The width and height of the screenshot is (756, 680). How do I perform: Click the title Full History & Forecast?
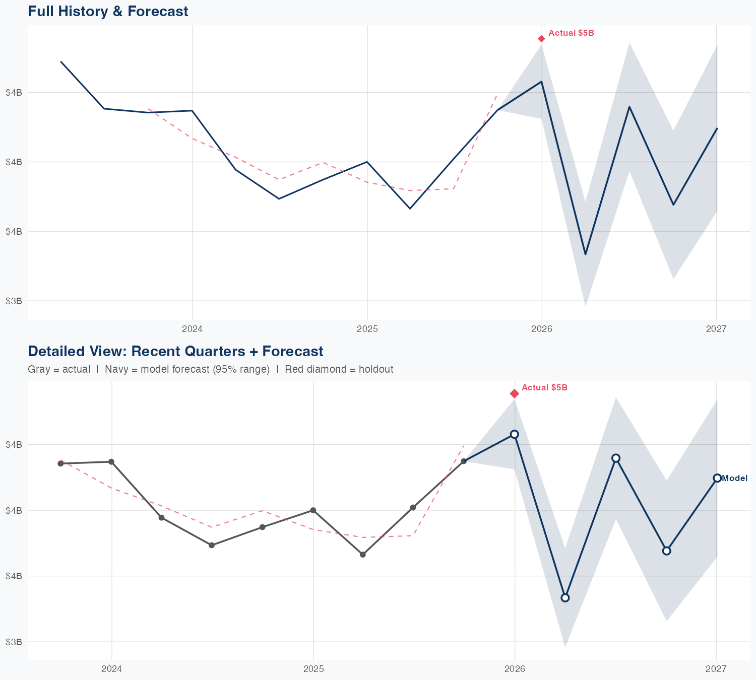pos(108,11)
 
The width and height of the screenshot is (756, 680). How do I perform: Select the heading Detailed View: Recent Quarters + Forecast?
pos(175,351)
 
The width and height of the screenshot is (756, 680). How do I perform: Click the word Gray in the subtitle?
pos(38,369)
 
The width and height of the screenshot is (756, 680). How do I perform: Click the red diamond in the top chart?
pos(541,39)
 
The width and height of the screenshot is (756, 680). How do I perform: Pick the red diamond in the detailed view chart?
pos(514,393)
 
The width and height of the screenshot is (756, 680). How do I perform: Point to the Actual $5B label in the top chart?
pos(571,33)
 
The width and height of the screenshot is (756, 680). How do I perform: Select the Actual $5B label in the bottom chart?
pos(544,388)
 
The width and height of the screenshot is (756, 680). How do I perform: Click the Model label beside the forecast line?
pos(734,479)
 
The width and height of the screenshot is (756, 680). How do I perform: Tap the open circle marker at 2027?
pos(717,478)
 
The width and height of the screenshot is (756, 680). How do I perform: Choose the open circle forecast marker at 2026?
pos(514,434)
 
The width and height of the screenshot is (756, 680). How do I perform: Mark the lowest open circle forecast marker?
pos(565,598)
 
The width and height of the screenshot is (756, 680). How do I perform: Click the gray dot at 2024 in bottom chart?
pos(111,462)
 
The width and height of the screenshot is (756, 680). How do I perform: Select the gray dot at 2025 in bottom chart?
pos(313,510)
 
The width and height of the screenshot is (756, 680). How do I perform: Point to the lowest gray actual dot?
pos(363,555)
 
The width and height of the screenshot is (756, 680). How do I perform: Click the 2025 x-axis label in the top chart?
pos(367,329)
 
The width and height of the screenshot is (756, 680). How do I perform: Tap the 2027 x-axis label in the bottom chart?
pos(716,669)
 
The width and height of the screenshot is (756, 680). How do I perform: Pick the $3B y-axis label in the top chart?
pos(14,301)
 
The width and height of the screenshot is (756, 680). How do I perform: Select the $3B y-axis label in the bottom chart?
pos(14,642)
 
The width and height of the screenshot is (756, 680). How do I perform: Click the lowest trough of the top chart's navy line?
pos(585,254)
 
